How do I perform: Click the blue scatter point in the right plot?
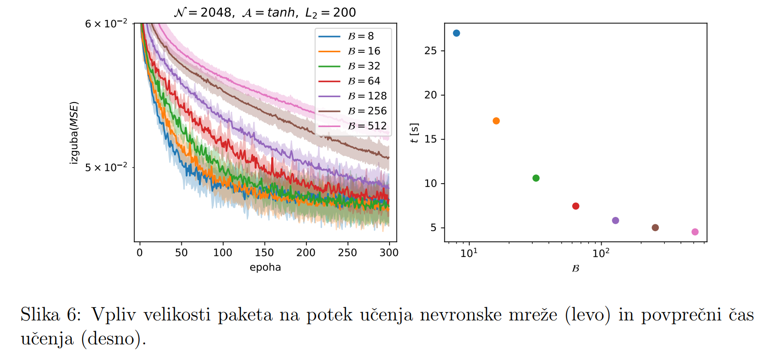[x=456, y=33]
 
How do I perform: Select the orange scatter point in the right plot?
[x=496, y=121]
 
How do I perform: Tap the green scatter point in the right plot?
[x=536, y=178]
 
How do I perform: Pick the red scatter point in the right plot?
[x=576, y=206]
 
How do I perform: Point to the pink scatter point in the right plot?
[x=695, y=232]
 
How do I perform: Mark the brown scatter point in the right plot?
[x=655, y=228]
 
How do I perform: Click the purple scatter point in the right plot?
[x=615, y=221]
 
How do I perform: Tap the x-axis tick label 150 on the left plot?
[x=264, y=253]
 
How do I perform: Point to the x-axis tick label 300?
[x=389, y=253]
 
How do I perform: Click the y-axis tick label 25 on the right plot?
[x=431, y=51]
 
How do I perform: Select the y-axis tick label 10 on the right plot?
[x=431, y=184]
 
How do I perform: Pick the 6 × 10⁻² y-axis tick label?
[x=106, y=23]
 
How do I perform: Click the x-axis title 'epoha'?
[x=265, y=267]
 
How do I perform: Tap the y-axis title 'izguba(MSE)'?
[x=74, y=132]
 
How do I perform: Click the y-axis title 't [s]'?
[x=414, y=133]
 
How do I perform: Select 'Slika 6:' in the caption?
[x=50, y=315]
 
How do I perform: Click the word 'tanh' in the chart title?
[x=281, y=13]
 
